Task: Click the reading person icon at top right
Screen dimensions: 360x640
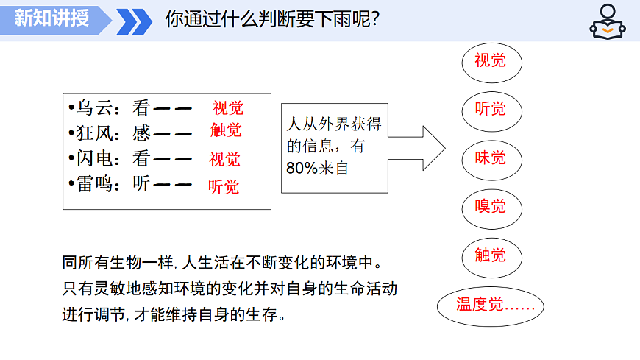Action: [608, 21]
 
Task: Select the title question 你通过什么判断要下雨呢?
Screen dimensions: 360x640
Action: [272, 19]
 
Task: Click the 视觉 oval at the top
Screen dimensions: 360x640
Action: [491, 60]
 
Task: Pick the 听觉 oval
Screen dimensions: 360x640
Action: [491, 110]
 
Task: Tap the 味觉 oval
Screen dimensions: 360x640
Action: [491, 158]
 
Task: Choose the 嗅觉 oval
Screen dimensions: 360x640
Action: [491, 207]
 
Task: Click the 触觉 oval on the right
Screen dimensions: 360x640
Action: [491, 255]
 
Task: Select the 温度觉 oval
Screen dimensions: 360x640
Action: [490, 304]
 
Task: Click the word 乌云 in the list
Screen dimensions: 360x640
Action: [95, 108]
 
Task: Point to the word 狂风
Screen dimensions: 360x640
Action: [95, 133]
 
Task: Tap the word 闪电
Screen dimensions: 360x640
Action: [95, 158]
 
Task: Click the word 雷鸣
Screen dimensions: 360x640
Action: [95, 184]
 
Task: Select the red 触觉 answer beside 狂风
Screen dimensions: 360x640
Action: [226, 131]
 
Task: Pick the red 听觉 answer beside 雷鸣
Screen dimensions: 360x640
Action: [224, 187]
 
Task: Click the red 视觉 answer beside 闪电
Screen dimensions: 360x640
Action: [224, 159]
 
